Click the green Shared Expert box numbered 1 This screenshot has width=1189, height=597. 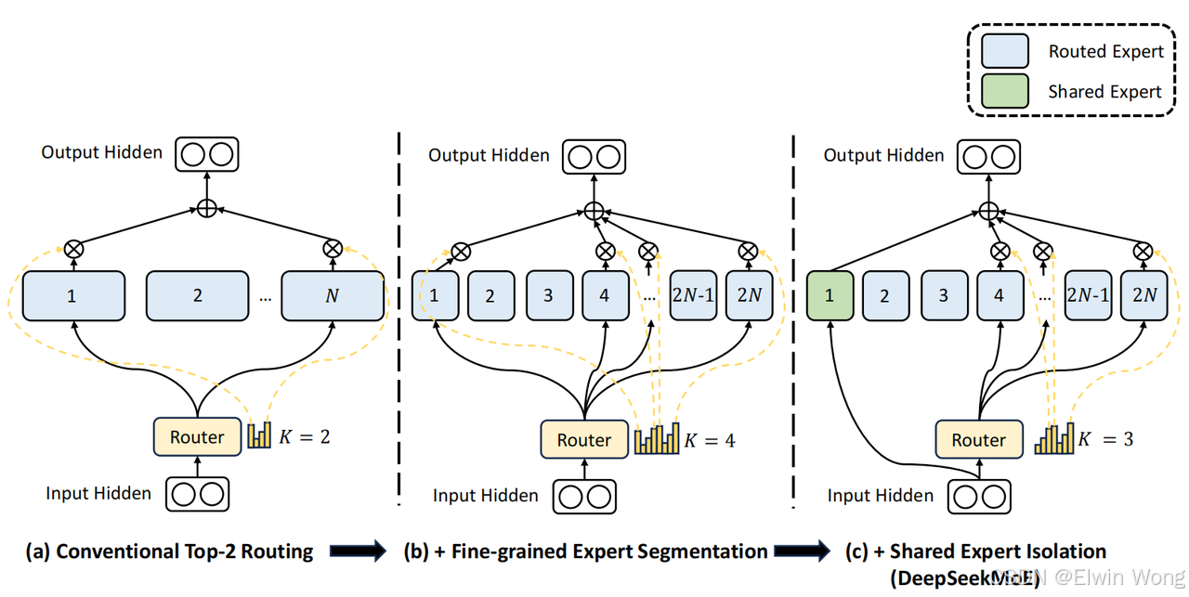tap(830, 296)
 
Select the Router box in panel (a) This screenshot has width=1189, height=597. tap(197, 436)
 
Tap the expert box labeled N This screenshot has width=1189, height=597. tap(333, 296)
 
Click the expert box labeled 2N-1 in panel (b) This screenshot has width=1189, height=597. tap(693, 296)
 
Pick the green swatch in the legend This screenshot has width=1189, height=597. tap(1005, 91)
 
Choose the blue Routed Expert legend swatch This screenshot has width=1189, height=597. tap(1005, 51)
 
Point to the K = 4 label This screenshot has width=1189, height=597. tap(710, 440)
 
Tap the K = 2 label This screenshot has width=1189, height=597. tap(305, 436)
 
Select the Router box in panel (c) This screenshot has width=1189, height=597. tap(978, 440)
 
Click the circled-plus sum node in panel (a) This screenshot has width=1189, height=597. tap(207, 209)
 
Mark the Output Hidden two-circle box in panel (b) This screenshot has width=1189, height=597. tap(594, 156)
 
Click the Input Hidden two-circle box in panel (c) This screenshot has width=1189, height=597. tap(979, 497)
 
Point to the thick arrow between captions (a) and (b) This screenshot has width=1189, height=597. tap(358, 552)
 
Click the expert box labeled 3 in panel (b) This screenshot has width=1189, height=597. tap(548, 296)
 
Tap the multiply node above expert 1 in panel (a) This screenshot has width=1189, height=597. tap(73, 248)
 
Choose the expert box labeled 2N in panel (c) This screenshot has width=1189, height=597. tap(1143, 296)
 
